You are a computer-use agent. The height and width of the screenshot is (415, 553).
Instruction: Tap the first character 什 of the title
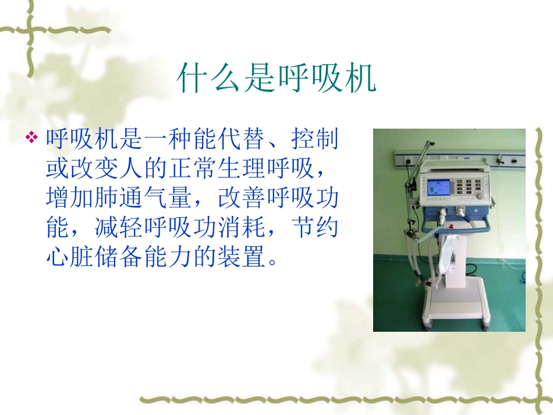pyautogui.click(x=192, y=79)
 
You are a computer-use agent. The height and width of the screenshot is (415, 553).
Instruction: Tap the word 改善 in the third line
pyautogui.click(x=235, y=199)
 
